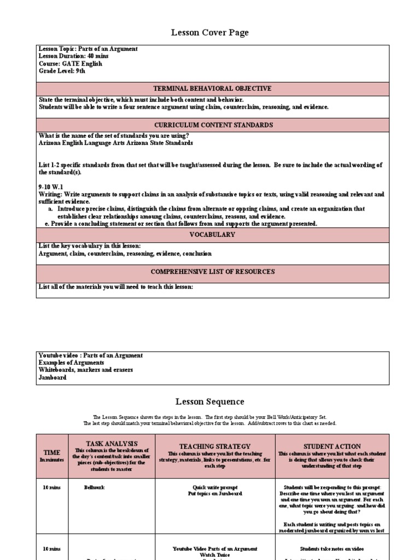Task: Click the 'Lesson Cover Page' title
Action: point(210,33)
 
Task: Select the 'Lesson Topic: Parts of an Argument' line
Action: point(88,49)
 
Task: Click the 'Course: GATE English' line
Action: point(71,63)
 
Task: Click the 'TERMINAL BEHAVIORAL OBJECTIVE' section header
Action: point(213,89)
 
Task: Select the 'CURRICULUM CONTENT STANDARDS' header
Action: point(213,125)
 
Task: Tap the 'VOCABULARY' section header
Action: point(213,235)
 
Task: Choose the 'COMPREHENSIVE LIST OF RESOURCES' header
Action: point(213,272)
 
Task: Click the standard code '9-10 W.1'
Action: point(51,186)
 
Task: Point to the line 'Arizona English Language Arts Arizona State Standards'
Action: point(115,143)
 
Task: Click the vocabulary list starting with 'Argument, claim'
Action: point(125,254)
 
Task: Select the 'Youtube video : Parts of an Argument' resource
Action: point(91,355)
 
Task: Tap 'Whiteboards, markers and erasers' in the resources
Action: point(86,370)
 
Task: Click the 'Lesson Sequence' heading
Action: point(210,402)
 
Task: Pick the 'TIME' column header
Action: point(52,453)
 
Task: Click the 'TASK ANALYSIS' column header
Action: point(112,444)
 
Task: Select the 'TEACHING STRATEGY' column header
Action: point(215,446)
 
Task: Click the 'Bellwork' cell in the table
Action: point(94,486)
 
